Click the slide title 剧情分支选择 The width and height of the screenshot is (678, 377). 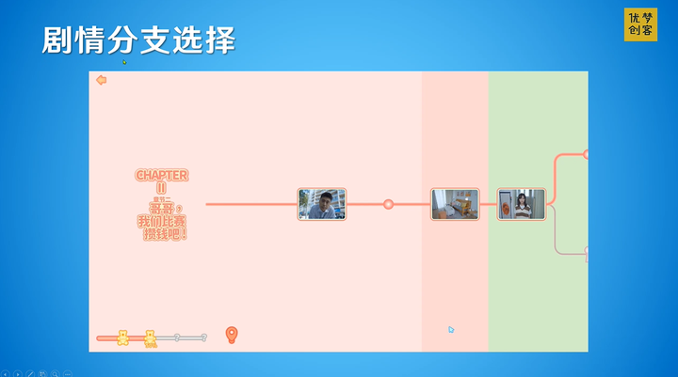(138, 40)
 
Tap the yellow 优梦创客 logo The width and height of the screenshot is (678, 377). (639, 24)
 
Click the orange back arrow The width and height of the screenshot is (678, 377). (101, 80)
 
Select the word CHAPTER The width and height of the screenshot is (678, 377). (161, 175)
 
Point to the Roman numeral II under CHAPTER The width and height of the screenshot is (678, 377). (161, 188)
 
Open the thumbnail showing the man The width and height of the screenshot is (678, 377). (322, 204)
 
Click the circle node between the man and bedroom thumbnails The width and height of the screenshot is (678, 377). (388, 204)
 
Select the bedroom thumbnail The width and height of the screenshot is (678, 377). (455, 204)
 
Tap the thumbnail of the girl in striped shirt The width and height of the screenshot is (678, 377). (521, 204)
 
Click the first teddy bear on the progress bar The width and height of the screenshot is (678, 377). (122, 338)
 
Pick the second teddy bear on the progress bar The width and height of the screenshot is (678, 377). (150, 338)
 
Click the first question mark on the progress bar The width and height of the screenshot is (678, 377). (176, 337)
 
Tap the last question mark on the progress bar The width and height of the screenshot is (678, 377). (203, 337)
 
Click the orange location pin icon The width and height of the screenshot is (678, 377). (232, 335)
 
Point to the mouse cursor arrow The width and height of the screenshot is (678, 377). (451, 329)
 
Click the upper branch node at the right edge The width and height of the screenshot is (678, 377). (586, 153)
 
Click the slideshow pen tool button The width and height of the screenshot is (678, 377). (30, 373)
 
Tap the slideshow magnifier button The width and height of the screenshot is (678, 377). (55, 373)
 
